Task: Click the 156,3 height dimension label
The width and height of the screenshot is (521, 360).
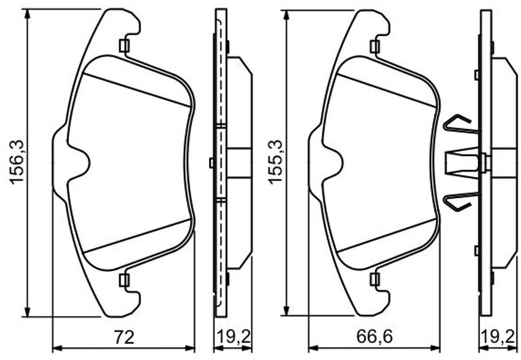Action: pyautogui.click(x=17, y=162)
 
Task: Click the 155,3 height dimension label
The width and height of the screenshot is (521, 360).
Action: pyautogui.click(x=275, y=162)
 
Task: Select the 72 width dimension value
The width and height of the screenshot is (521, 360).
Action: pyautogui.click(x=124, y=337)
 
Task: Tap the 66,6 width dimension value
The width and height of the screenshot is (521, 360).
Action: pyautogui.click(x=375, y=337)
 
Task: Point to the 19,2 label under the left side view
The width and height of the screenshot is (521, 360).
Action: pyautogui.click(x=233, y=337)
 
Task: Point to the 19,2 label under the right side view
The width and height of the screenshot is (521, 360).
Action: pyautogui.click(x=499, y=337)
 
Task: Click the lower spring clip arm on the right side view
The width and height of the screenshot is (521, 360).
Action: pyautogui.click(x=460, y=201)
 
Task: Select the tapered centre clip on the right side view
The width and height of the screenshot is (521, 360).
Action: pyautogui.click(x=462, y=162)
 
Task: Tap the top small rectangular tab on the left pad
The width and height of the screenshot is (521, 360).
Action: pyautogui.click(x=124, y=46)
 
